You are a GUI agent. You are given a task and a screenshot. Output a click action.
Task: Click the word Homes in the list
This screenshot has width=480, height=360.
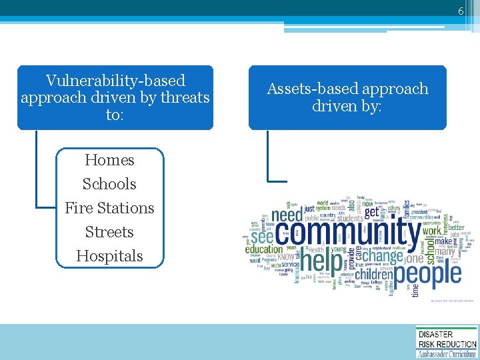point(109,160)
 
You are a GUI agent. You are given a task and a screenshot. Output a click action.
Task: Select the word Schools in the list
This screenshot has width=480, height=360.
point(109,184)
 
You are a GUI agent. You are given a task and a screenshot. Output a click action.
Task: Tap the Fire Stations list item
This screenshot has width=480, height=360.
point(109,208)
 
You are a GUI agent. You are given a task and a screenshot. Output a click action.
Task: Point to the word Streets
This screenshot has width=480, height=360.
point(109,232)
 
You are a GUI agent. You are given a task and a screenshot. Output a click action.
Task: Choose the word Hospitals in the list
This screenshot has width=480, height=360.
point(109,256)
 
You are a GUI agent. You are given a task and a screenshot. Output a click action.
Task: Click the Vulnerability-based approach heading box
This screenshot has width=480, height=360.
point(115,97)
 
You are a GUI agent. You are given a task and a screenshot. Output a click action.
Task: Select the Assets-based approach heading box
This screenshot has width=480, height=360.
point(347,97)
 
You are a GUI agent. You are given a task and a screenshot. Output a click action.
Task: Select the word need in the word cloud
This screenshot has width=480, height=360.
point(288,215)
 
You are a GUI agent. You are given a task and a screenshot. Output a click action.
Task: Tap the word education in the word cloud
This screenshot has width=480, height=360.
point(264,250)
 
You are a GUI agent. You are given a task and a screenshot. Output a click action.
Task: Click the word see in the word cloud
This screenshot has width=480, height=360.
point(261,236)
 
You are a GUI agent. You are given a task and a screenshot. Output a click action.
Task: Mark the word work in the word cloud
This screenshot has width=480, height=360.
point(432,231)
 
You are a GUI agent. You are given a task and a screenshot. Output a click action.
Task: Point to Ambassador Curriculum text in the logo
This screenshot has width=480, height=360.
point(447,354)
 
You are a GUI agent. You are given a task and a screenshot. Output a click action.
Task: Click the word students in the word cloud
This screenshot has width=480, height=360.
point(350,217)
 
